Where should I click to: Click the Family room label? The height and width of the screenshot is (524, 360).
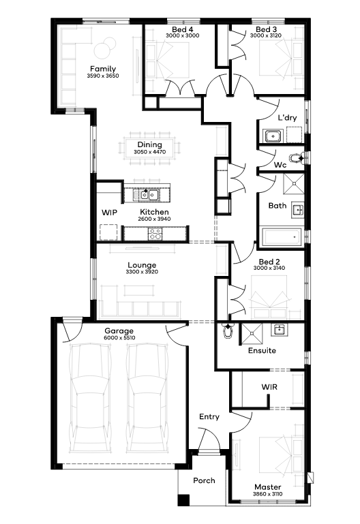[103, 69]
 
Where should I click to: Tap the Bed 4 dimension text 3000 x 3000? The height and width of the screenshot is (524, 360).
[183, 35]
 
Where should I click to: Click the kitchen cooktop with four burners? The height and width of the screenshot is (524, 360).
[155, 234]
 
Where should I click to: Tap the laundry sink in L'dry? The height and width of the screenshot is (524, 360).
[274, 136]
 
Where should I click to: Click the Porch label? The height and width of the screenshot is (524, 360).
[204, 480]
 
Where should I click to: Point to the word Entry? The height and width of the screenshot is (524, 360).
[209, 417]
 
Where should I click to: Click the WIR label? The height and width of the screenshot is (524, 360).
[269, 387]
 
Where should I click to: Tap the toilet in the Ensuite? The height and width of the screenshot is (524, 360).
[228, 331]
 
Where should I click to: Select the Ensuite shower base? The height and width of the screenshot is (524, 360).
[252, 333]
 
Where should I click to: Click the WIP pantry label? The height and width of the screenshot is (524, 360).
[109, 213]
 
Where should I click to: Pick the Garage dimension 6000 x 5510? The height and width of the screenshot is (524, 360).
[119, 338]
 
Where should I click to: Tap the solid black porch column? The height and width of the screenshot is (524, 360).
[183, 500]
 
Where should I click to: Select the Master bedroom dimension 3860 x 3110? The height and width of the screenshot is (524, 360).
[268, 494]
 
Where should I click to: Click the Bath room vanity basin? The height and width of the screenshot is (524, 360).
[297, 210]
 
